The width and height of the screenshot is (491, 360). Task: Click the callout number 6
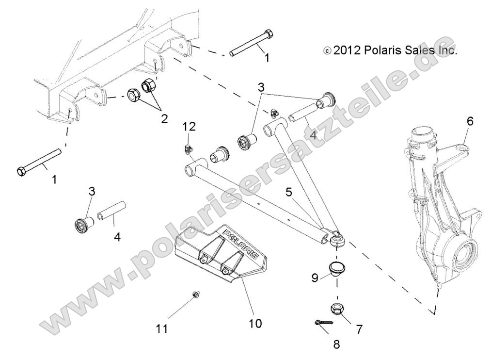(x=469, y=121)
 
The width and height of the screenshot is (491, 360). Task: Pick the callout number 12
(x=190, y=127)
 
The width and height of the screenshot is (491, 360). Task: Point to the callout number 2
(x=165, y=118)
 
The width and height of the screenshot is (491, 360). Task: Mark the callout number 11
(x=162, y=329)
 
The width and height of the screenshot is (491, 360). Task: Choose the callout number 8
(x=336, y=344)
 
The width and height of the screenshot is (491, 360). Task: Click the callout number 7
(x=359, y=329)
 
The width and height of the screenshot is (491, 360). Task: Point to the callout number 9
(x=315, y=278)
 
